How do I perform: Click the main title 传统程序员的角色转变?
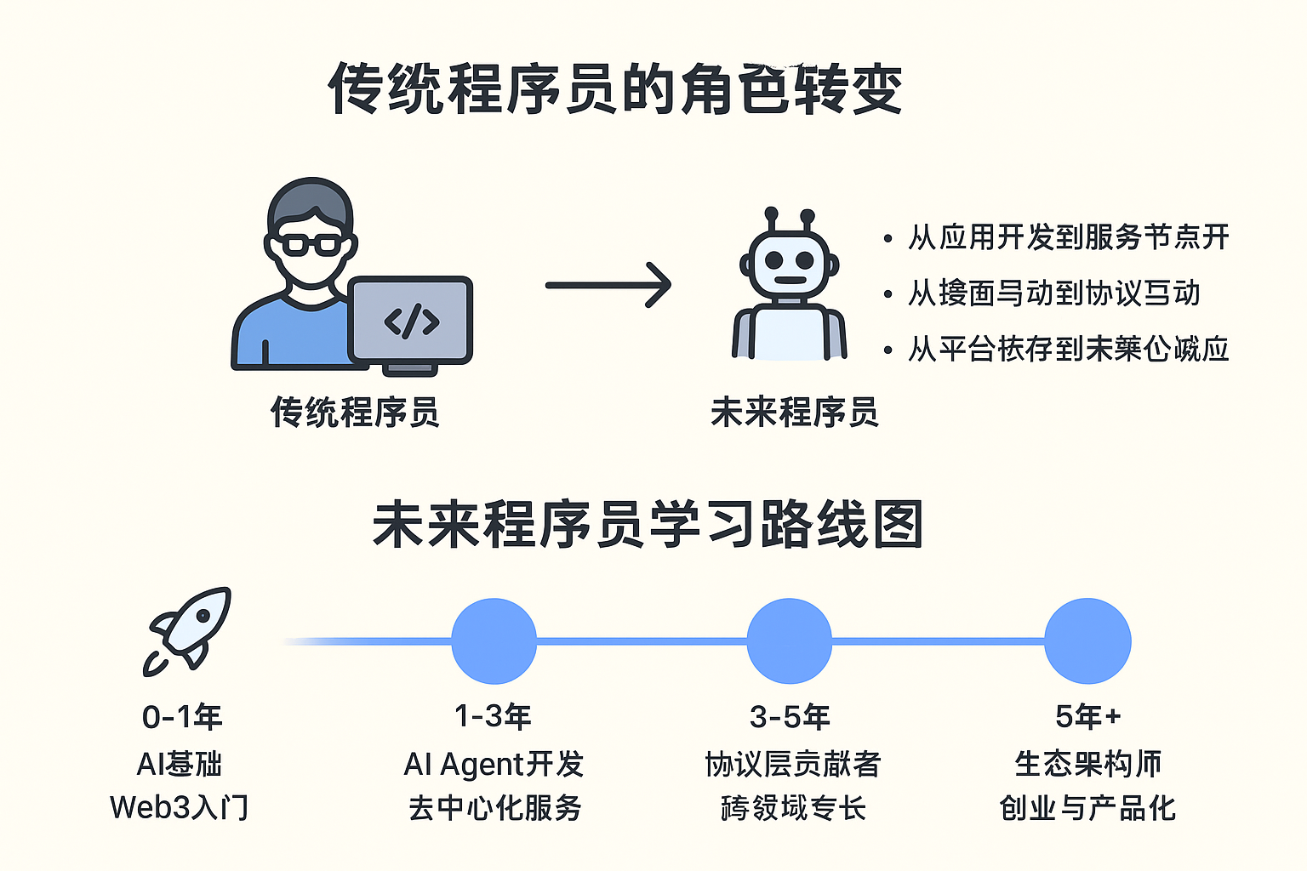pyautogui.click(x=614, y=88)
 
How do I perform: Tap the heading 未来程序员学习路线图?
pyautogui.click(x=648, y=525)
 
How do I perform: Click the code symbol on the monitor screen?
pyautogui.click(x=412, y=322)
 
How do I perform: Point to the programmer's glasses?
pyautogui.click(x=311, y=244)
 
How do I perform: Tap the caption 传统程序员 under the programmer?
pyautogui.click(x=355, y=413)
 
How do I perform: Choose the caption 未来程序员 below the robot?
pyautogui.click(x=794, y=413)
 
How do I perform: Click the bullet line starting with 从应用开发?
pyautogui.click(x=1068, y=237)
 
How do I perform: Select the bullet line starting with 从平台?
pyautogui.click(x=1068, y=349)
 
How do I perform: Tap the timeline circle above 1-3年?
pyautogui.click(x=494, y=641)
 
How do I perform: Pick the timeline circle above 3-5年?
pyautogui.click(x=790, y=641)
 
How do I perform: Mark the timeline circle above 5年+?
pyautogui.click(x=1087, y=641)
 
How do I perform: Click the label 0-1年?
pyautogui.click(x=182, y=717)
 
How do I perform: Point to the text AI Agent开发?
pyautogui.click(x=494, y=764)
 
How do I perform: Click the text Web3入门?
pyautogui.click(x=180, y=807)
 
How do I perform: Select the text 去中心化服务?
pyautogui.click(x=494, y=807)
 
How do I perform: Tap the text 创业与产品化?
pyautogui.click(x=1087, y=807)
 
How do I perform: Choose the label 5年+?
pyautogui.click(x=1087, y=717)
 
